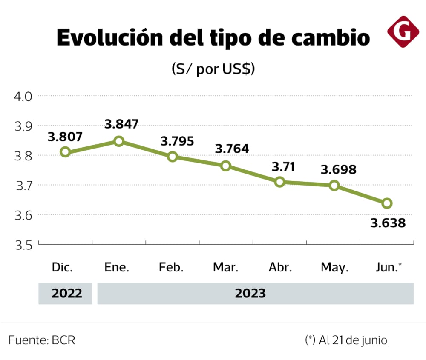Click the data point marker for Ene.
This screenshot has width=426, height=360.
click(x=119, y=141)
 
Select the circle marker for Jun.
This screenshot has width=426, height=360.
click(x=387, y=203)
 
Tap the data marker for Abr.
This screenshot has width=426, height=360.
click(x=280, y=182)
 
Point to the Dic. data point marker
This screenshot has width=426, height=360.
click(x=65, y=152)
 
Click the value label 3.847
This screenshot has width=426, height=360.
click(x=121, y=124)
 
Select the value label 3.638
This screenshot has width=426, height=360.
click(x=388, y=223)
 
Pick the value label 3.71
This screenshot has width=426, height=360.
click(x=283, y=167)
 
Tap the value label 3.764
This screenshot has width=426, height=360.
click(x=232, y=149)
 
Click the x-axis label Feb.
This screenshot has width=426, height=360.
click(x=171, y=267)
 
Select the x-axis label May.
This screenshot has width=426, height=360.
click(x=334, y=267)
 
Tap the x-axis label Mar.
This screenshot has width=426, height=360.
click(x=226, y=267)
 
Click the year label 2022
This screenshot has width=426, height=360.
click(x=67, y=293)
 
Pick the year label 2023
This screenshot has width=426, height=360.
click(x=250, y=293)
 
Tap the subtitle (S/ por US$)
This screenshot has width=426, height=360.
click(x=213, y=69)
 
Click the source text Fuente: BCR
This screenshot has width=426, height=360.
click(x=42, y=340)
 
